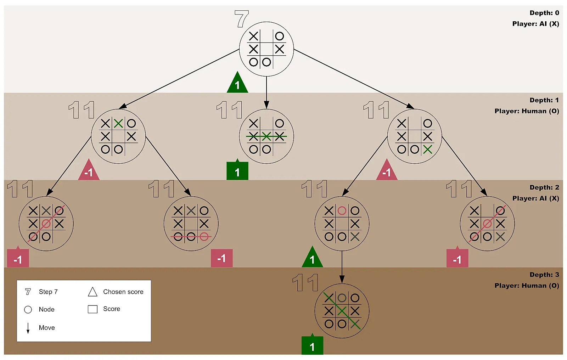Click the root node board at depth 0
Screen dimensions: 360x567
(x=266, y=49)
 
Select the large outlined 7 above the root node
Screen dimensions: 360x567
(x=242, y=19)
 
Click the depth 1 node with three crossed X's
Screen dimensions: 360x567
(x=266, y=136)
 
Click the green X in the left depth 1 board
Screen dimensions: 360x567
(x=118, y=123)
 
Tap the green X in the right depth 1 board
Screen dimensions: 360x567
(x=428, y=149)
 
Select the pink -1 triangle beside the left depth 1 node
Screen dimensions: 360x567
(x=89, y=171)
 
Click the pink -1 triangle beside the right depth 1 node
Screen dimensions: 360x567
(x=387, y=171)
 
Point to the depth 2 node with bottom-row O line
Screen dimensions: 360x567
(x=191, y=224)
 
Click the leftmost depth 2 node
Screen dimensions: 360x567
(x=46, y=224)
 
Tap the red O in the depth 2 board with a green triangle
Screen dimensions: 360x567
(x=342, y=211)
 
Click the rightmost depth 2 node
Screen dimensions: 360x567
(x=487, y=224)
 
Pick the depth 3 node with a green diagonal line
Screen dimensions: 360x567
(x=342, y=311)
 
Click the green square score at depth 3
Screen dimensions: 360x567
(x=312, y=346)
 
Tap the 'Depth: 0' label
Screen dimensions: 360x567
(x=544, y=13)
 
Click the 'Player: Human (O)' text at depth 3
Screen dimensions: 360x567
(x=527, y=286)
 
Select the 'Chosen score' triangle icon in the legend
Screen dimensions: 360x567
(x=92, y=292)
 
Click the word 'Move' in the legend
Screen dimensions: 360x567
(x=47, y=328)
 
